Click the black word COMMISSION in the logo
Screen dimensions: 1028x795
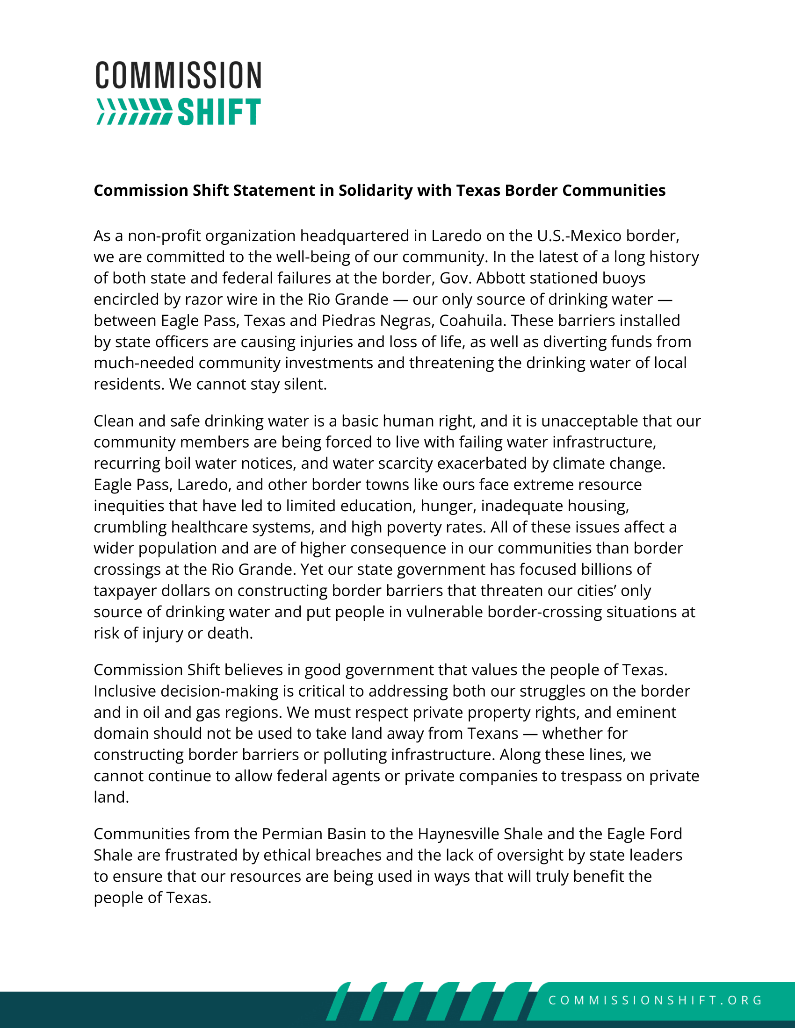(x=178, y=75)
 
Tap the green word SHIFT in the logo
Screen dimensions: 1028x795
(x=219, y=112)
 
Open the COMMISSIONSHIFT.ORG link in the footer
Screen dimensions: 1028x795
(x=655, y=1000)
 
